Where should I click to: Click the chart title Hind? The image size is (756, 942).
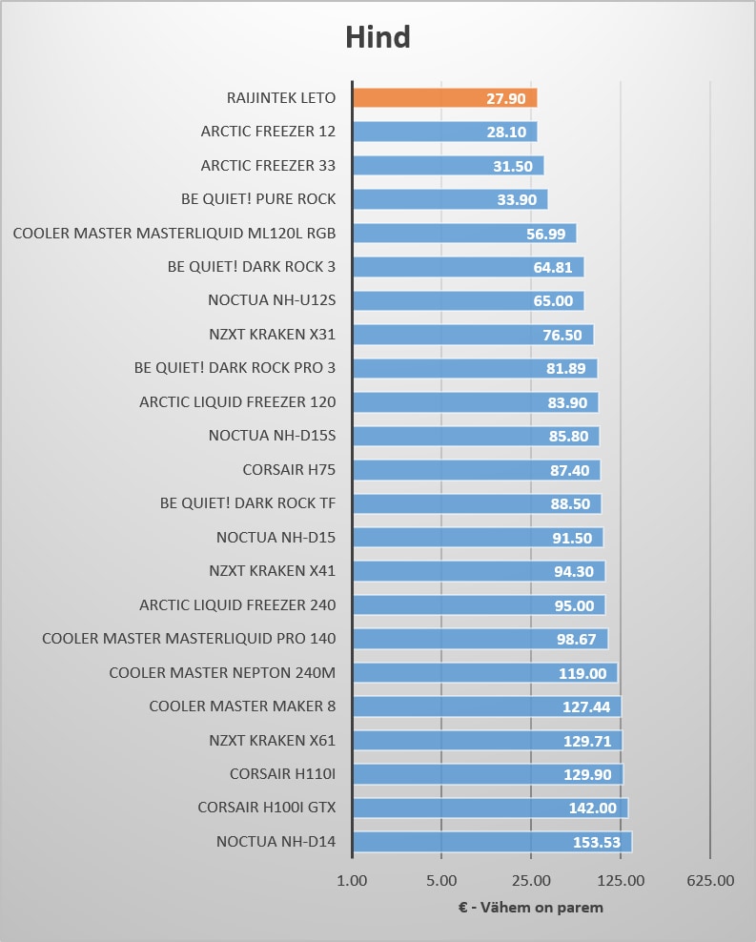pos(378,37)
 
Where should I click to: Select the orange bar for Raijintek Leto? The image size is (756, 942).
pos(444,97)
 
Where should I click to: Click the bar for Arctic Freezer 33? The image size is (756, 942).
pos(447,166)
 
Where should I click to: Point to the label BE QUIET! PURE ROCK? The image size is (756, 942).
pos(258,199)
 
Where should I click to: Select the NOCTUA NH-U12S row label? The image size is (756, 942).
pos(272,300)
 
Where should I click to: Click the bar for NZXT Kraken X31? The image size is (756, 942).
pos(472,335)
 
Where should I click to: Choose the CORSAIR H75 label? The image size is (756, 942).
pos(289,469)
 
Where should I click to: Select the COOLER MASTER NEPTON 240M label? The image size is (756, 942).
pos(222,673)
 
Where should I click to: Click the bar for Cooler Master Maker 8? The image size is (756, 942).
pos(486,706)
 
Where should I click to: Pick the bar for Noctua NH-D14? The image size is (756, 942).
pos(491,842)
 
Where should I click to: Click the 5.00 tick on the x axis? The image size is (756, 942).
pos(441,881)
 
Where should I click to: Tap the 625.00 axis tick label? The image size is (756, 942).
pos(710,881)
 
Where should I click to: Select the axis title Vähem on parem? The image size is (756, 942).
pos(530,908)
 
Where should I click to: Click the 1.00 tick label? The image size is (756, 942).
pos(353,881)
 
